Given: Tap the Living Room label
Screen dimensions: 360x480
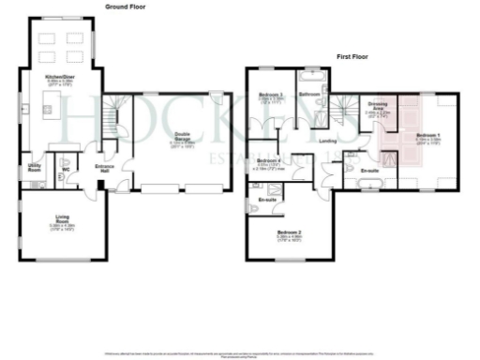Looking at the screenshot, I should pos(64,222).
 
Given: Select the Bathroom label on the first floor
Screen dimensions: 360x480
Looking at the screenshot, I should pos(310,96).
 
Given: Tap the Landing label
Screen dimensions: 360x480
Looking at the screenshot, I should pos(327,141).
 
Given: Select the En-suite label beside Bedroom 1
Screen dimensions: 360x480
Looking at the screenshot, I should pos(369,170).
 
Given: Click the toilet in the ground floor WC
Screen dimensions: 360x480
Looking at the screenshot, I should pos(65,162).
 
